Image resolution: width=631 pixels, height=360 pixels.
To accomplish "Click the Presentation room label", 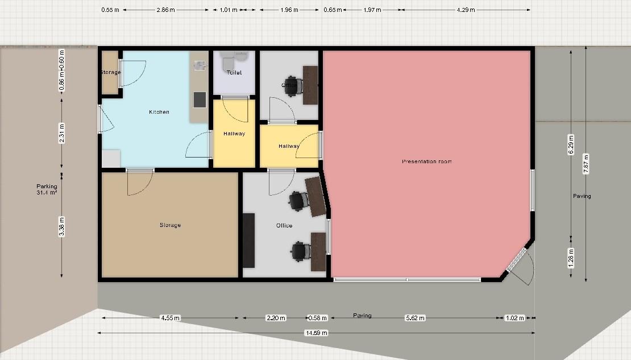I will [x=426, y=162].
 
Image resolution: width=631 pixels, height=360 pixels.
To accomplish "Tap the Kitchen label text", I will [x=159, y=112].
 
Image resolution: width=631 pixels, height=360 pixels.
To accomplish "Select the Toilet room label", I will [x=234, y=73].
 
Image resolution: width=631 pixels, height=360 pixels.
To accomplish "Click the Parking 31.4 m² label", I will [x=47, y=189].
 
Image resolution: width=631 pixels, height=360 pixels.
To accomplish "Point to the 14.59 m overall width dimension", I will [x=317, y=333].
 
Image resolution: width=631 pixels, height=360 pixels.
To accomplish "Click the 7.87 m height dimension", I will [x=586, y=165].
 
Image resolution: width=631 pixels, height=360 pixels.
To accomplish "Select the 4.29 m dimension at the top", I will [x=465, y=10].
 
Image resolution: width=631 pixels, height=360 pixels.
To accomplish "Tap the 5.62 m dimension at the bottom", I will [x=414, y=318].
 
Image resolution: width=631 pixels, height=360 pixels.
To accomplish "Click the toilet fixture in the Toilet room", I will [x=228, y=59].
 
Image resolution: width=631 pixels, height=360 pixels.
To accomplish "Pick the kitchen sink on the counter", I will [x=199, y=65].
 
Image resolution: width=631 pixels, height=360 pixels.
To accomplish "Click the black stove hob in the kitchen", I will [x=200, y=100].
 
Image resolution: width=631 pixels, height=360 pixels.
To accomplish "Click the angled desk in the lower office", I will [x=316, y=196].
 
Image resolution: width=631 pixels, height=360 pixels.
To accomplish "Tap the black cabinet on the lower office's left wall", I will [x=248, y=240].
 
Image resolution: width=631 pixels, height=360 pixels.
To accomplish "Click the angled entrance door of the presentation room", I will [x=517, y=260].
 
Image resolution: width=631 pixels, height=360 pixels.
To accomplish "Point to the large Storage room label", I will [x=170, y=225].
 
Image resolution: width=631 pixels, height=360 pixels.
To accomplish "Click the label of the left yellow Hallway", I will [x=234, y=134].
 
